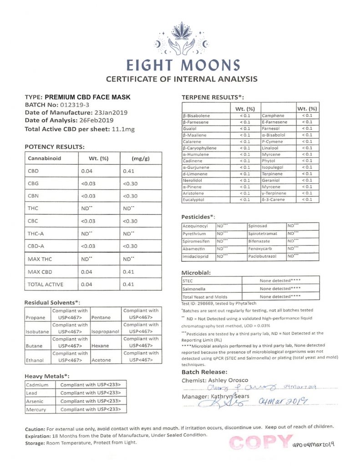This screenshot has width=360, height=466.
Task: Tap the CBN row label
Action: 34,196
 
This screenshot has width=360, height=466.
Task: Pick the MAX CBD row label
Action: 40,272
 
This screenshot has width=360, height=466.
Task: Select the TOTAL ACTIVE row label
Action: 46,284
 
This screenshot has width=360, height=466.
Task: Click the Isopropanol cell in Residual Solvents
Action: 105,332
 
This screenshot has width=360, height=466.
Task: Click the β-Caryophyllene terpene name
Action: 199,148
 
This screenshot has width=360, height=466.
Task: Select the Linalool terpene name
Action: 270,148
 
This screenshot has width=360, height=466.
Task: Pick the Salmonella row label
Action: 194,289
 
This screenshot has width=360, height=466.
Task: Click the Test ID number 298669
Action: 209,303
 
